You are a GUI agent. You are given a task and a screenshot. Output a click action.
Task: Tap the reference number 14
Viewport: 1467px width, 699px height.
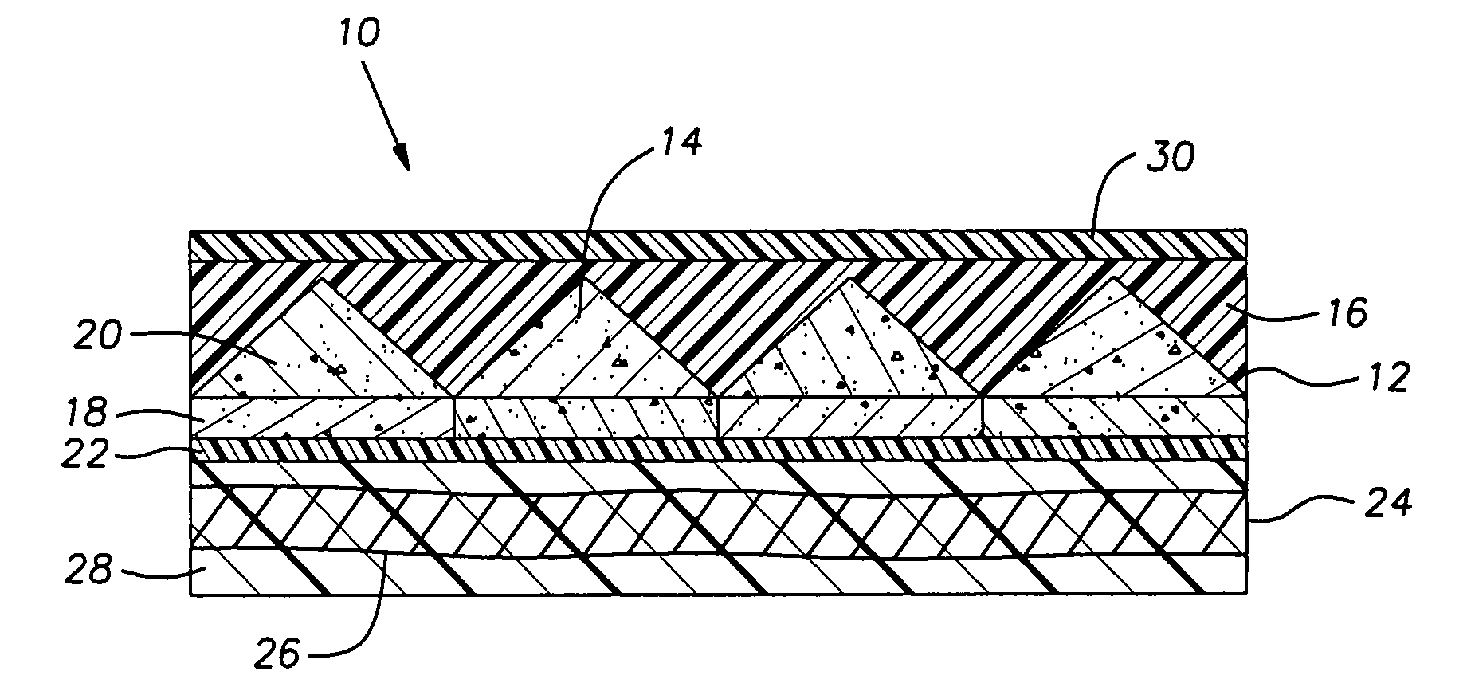[x=680, y=143]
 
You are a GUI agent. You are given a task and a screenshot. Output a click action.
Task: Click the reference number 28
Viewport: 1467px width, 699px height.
[x=88, y=571]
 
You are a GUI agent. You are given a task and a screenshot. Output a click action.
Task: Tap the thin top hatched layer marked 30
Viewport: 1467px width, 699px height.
[x=718, y=245]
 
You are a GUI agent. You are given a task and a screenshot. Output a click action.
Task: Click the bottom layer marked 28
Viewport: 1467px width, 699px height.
[x=718, y=573]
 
